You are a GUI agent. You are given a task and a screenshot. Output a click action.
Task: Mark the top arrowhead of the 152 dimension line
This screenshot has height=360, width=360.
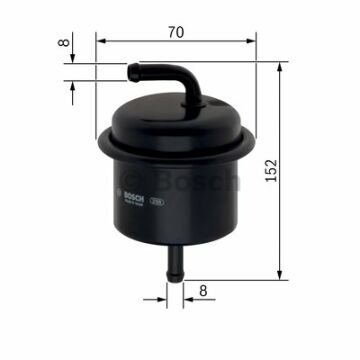point(280,63)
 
